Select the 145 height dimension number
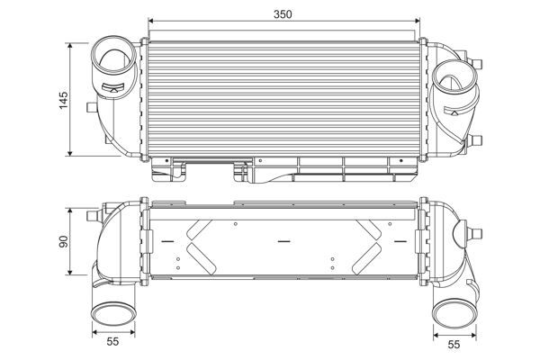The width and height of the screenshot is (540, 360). point(63,99)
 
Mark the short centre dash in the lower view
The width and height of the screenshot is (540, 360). point(284,240)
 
